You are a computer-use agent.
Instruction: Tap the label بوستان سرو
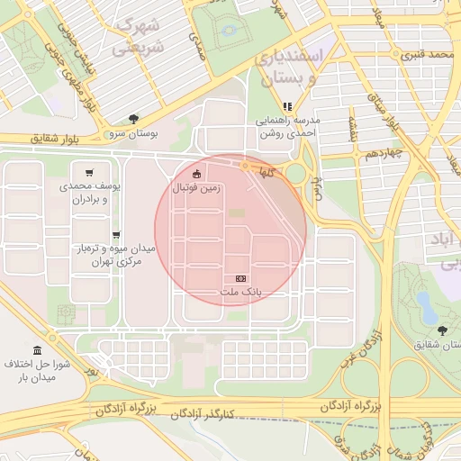click(134, 132)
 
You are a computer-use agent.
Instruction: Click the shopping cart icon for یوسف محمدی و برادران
click(88, 173)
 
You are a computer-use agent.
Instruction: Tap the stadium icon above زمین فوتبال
click(197, 174)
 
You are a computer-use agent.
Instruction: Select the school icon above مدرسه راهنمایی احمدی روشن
click(287, 106)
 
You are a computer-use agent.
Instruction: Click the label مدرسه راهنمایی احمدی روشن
click(285, 126)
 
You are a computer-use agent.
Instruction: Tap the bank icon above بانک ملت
click(240, 279)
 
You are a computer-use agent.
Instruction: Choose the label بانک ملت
click(240, 293)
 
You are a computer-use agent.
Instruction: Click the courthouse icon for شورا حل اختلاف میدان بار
click(37, 350)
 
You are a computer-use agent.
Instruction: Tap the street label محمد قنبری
click(425, 55)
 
